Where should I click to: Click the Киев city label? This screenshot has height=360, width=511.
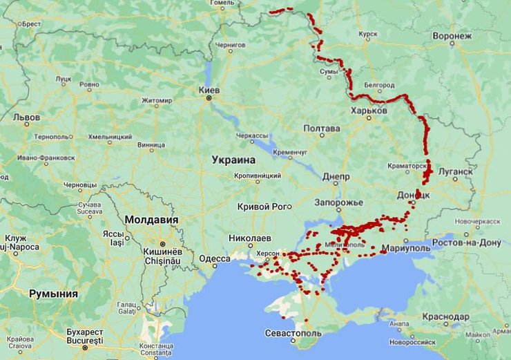pyautogui.click(x=209, y=91)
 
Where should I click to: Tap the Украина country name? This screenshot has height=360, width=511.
pyautogui.click(x=233, y=160)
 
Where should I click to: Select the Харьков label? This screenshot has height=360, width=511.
pyautogui.click(x=369, y=111)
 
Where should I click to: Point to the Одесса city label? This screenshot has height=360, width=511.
pyautogui.click(x=215, y=258)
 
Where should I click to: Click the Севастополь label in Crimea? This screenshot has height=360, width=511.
pyautogui.click(x=293, y=334)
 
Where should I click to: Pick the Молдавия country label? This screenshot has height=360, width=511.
pyautogui.click(x=151, y=220)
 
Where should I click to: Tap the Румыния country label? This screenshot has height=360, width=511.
pyautogui.click(x=53, y=294)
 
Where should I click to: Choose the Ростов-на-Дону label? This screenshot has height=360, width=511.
pyautogui.click(x=467, y=243)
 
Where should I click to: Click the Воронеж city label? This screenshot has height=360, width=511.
pyautogui.click(x=452, y=35)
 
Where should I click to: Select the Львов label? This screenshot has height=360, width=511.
pyautogui.click(x=26, y=117)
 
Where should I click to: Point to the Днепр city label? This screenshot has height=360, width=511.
pyautogui.click(x=336, y=176)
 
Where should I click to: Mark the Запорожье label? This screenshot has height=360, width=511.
pyautogui.click(x=338, y=202)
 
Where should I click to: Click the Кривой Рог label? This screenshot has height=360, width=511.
pyautogui.click(x=264, y=206)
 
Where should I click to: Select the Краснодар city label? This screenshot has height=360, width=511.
pyautogui.click(x=446, y=316)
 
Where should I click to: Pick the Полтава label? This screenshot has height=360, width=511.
pyautogui.click(x=322, y=129)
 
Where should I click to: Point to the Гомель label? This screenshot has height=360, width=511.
pyautogui.click(x=222, y=3)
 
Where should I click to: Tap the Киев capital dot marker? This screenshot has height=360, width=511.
pyautogui.click(x=209, y=99)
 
